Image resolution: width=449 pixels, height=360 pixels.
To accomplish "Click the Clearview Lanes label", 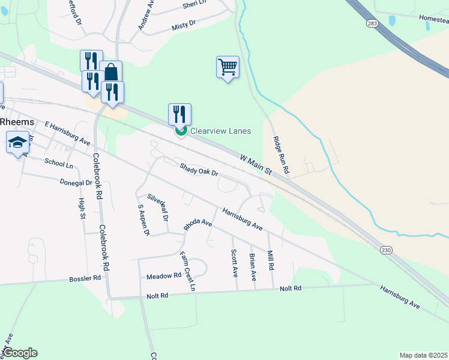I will pos(220,131).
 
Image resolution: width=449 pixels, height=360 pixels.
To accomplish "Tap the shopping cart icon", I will pos(228,67).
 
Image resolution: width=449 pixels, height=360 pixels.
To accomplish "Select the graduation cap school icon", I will pos(17,143).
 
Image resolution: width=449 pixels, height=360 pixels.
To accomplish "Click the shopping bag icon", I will pos(111,73).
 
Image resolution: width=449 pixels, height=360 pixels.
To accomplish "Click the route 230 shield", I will pos(386,248).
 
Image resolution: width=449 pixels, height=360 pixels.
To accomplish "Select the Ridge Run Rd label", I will pos(280,155).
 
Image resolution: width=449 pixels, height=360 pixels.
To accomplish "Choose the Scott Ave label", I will pos(234,263).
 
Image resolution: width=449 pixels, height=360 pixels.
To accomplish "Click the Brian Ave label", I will pos(253,268).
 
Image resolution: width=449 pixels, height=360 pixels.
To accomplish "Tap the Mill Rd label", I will pos(270,259).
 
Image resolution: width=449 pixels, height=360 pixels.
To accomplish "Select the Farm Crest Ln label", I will pos(188,271).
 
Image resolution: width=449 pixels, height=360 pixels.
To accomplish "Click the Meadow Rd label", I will pos(164,276).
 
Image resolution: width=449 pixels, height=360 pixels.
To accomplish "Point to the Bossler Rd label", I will pos(85,278).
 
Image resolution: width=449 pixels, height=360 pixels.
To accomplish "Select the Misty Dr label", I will pos(184,23).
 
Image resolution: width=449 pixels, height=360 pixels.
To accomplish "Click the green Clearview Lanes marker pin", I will pos(180,131).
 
